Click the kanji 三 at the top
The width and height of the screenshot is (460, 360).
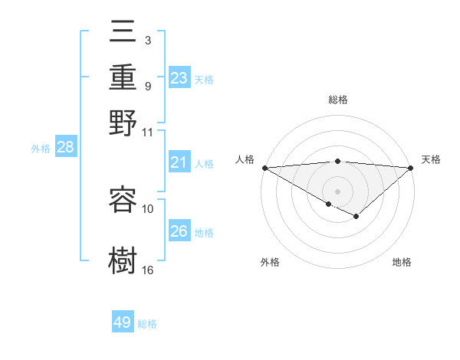pos(123,35)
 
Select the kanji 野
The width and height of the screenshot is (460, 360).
pos(123,122)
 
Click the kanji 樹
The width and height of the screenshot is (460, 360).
pos(123,259)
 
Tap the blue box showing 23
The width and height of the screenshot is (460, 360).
pos(179,78)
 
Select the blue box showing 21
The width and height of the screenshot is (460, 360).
pos(179,162)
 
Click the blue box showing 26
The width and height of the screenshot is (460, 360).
pos(179,231)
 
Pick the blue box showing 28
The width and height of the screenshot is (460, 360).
pos(65,148)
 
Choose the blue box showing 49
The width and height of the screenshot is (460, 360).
pos(123,322)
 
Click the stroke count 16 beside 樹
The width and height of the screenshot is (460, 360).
pos(148,270)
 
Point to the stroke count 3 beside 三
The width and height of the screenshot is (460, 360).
pos(148,40)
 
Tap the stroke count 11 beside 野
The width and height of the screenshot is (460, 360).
pos(148,132)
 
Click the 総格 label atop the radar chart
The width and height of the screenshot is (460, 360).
pos(337,100)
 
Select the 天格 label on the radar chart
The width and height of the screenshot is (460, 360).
pos(431,159)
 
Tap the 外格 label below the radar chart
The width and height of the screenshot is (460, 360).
pos(270,262)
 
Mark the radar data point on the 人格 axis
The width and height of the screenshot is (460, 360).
pos(264,167)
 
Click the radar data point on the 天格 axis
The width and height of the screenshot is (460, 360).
pos(411,167)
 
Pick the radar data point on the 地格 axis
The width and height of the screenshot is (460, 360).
pos(356,217)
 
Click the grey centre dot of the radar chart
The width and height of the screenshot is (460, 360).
pos(337,191)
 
